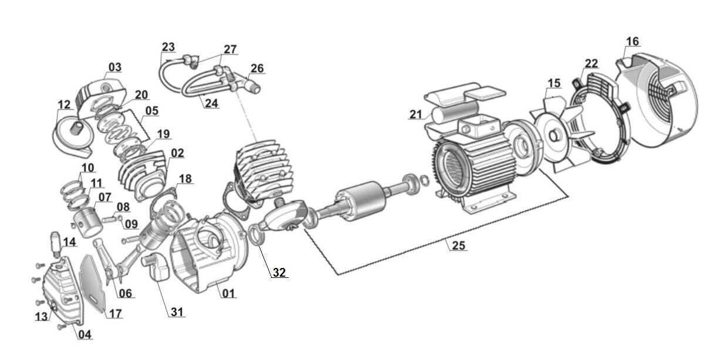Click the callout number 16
coord(632,42)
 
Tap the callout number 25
coord(458,245)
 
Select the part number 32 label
coord(279,273)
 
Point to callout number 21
coord(415,114)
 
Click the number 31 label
coord(177,312)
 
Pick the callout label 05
coord(152,111)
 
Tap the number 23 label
coord(168,47)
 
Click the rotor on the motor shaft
coord(361,201)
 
